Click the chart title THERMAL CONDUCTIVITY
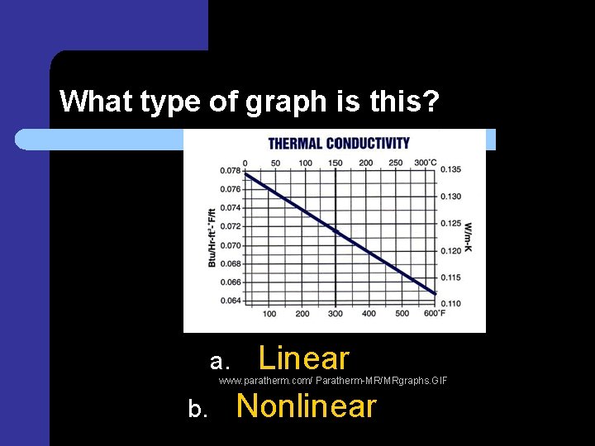[339, 144]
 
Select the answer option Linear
[304, 358]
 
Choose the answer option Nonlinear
[306, 406]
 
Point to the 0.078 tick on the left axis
[230, 171]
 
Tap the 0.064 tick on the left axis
[230, 301]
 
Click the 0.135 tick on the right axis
[450, 169]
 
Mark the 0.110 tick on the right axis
[450, 303]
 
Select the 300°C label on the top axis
[426, 162]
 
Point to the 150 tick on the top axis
[335, 162]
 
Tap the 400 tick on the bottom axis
[369, 313]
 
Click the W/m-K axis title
[469, 237]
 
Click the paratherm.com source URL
[333, 381]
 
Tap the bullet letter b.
[197, 409]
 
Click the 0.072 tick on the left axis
[230, 226]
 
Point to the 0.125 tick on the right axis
[450, 223]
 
